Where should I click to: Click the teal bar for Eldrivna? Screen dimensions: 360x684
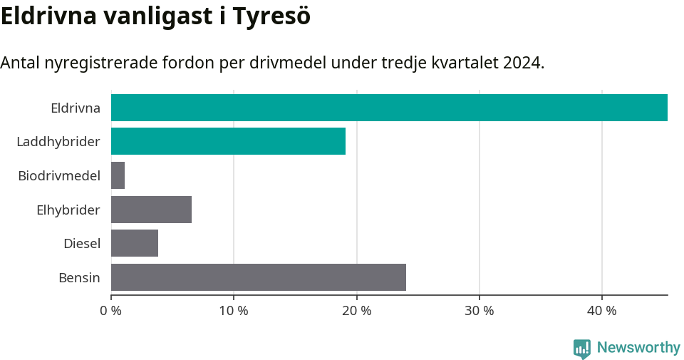[x=389, y=108]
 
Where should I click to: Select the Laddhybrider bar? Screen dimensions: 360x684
[x=228, y=141]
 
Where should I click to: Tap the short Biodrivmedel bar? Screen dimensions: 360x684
[x=118, y=175]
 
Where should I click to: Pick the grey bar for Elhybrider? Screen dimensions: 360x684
[x=151, y=210]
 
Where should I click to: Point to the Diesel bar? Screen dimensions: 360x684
[x=135, y=243]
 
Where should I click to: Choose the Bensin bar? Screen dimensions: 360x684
[x=259, y=277]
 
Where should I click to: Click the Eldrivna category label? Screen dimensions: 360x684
[x=76, y=108]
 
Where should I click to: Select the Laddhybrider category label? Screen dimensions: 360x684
[x=58, y=142]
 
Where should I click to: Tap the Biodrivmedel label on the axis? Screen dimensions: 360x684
[x=59, y=175]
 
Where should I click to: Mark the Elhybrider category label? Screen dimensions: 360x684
[x=68, y=210]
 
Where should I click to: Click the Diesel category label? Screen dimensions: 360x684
[x=82, y=244]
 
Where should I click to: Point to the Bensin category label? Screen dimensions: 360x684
[x=79, y=277]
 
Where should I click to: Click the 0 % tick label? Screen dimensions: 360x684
[x=111, y=311]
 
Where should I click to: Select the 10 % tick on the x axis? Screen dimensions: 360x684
[x=234, y=311]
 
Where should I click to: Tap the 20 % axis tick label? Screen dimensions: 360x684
[x=356, y=311]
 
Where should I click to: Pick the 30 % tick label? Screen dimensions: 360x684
[x=480, y=311]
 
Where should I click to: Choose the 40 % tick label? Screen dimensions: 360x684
[x=602, y=311]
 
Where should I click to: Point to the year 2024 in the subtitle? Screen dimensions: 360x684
[x=523, y=63]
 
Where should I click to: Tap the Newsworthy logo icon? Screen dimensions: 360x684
[x=582, y=348]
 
